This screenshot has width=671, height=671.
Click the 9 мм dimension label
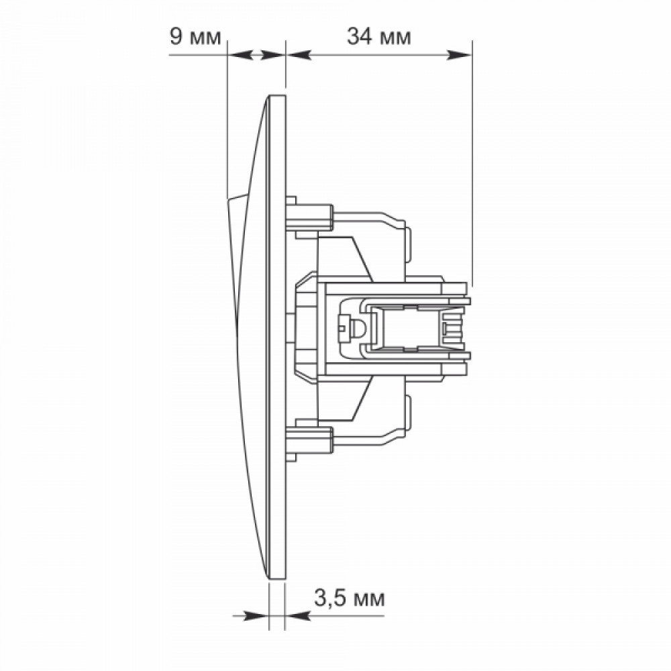coord(195,37)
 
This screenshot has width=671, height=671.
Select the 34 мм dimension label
coord(378,37)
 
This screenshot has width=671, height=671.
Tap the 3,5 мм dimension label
coord(350,599)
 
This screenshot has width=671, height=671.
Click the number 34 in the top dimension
coord(360,37)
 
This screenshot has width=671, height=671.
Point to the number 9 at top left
coord(176,37)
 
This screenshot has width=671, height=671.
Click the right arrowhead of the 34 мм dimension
coord(459,55)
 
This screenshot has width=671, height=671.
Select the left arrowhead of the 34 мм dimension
coord(299,55)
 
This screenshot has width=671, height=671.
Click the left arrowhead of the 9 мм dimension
coord(240,55)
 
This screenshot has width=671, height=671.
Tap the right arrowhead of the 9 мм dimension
coord(272,55)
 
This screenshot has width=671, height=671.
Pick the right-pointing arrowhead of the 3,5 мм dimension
coord(256,616)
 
